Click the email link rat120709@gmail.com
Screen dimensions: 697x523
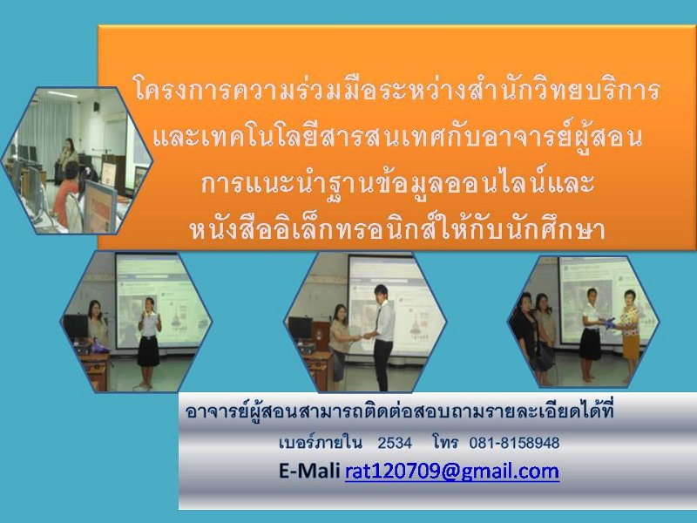452,471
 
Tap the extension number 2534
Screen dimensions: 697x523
395,443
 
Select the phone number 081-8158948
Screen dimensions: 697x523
514,443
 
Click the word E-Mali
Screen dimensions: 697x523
309,471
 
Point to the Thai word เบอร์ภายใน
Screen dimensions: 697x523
320,443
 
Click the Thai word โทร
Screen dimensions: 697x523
445,443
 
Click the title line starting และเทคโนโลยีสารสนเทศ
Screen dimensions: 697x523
397,136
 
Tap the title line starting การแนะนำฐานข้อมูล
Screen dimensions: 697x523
397,183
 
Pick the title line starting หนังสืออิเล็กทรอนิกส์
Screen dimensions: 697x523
397,228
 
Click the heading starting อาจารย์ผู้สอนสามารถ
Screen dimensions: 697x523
399,411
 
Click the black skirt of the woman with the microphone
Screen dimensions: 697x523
148,350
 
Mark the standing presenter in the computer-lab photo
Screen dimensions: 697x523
68,160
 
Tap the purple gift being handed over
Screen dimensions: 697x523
608,322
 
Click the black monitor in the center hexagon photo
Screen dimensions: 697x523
301,328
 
